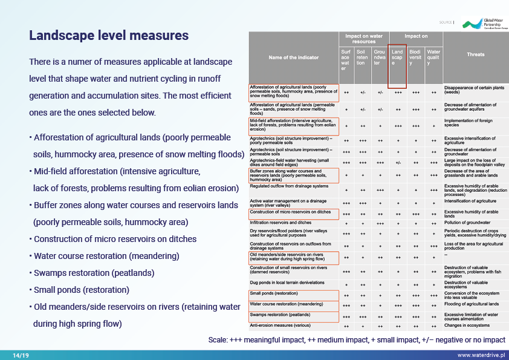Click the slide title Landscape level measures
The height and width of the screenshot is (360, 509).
point(109,36)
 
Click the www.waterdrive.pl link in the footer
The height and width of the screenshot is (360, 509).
point(481,355)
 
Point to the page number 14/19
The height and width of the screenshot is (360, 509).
point(21,355)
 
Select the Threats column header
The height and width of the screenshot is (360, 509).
point(475,55)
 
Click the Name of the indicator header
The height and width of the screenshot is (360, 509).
point(294,57)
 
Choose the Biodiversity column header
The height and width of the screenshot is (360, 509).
point(415,57)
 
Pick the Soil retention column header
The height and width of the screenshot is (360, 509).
point(362,57)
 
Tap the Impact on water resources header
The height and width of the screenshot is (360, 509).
point(363,39)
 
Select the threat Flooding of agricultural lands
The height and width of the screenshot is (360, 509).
point(472,304)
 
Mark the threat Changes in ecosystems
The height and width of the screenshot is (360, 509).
point(467,326)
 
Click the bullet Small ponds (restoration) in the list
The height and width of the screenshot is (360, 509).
point(82,290)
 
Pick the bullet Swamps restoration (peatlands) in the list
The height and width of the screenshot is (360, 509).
point(94,273)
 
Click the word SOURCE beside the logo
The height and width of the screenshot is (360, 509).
point(446,22)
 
